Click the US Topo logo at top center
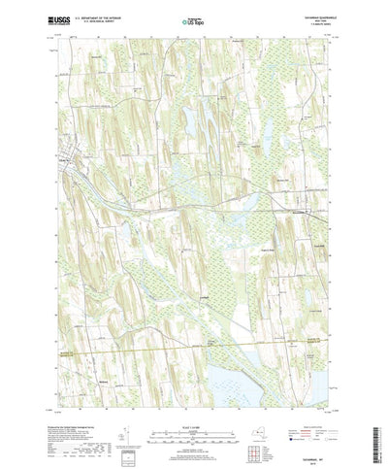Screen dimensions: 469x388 pos(194,20)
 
